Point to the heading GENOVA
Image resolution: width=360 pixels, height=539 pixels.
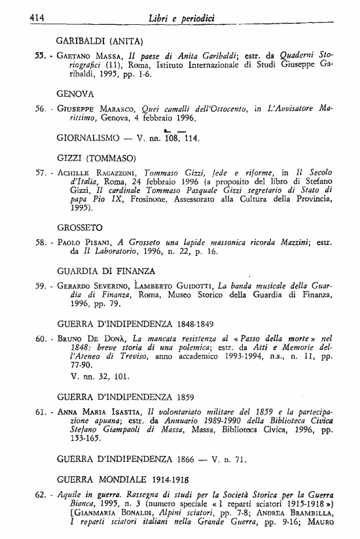[76, 93]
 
